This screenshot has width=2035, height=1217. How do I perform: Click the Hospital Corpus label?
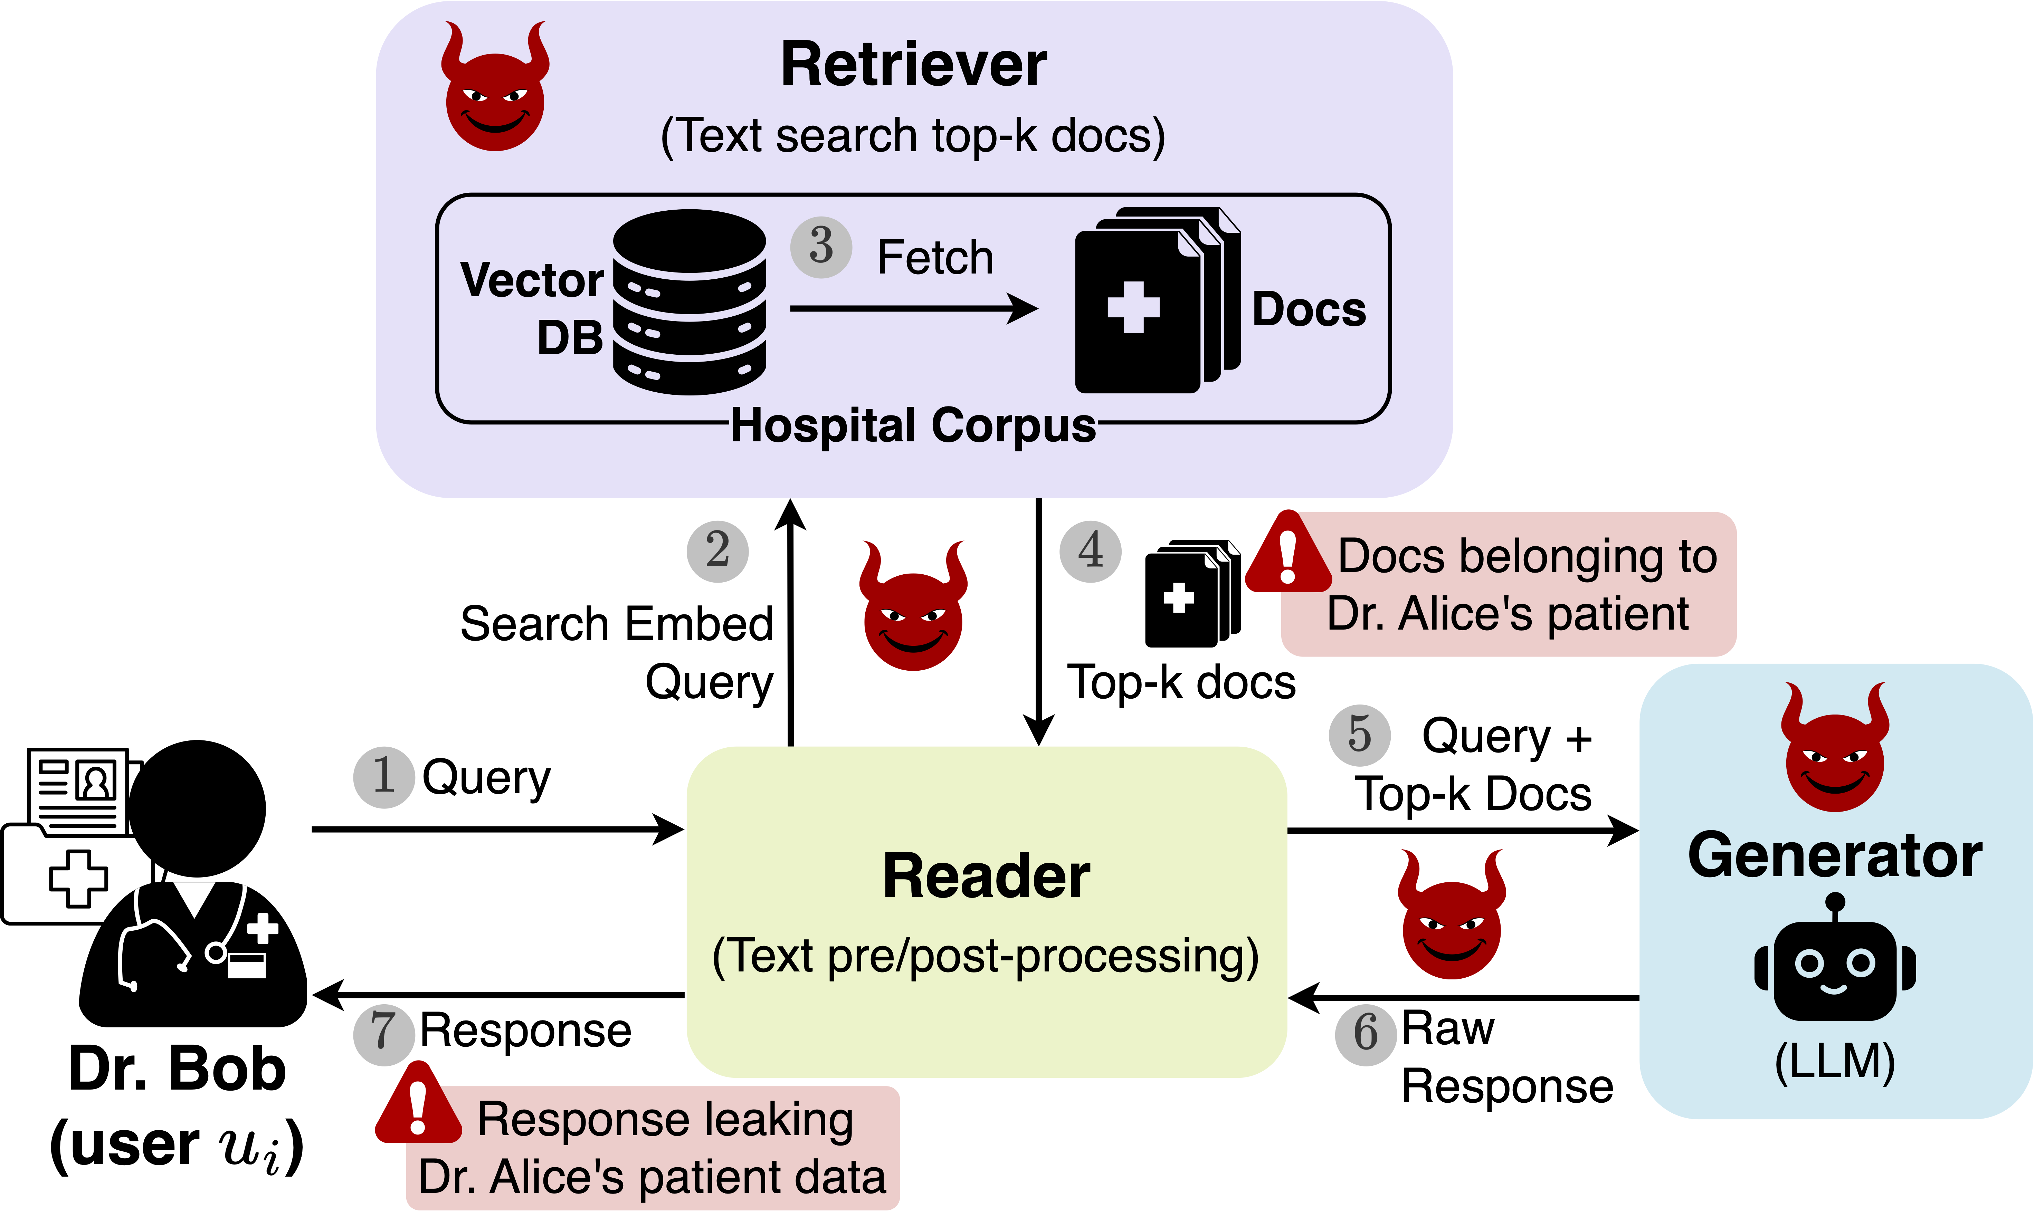(913, 425)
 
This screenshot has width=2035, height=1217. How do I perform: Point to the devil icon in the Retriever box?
(495, 88)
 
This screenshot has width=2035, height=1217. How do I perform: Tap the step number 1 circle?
(383, 777)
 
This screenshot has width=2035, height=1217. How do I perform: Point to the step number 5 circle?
(1359, 735)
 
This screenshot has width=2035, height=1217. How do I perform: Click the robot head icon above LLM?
(1835, 964)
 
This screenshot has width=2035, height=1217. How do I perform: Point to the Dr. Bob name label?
(177, 1070)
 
